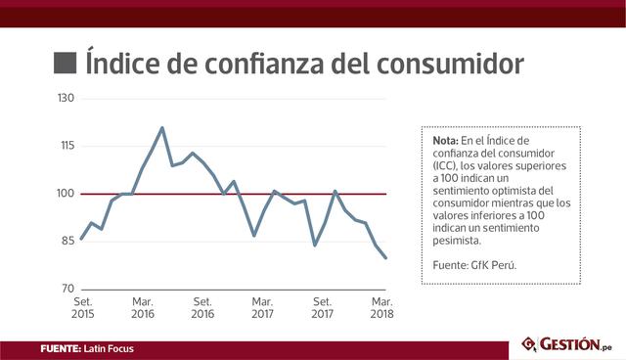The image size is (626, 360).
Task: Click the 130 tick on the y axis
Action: (66, 99)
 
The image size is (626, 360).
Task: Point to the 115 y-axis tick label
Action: (66, 146)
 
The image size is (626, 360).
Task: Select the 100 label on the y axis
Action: (66, 194)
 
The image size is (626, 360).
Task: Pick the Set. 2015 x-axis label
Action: (82, 308)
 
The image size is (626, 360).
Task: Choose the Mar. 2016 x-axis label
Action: (143, 308)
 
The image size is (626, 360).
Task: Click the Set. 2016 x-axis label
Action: (202, 308)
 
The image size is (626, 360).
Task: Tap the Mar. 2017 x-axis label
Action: (262, 308)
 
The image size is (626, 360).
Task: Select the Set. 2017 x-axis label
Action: (323, 308)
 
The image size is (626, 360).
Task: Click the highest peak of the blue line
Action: (161, 127)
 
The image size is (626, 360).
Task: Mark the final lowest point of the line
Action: (385, 258)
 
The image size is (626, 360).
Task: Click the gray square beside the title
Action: (65, 64)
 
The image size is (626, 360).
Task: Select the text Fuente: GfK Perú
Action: (473, 264)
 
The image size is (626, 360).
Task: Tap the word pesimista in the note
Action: (456, 240)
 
